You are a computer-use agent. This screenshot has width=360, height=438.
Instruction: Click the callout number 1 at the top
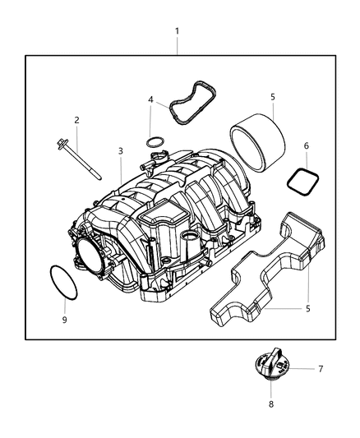[177, 30]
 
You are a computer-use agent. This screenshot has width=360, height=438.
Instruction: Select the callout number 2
[77, 120]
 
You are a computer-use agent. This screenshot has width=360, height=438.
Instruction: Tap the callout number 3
[120, 151]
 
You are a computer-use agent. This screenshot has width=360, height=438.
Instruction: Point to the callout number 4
[150, 100]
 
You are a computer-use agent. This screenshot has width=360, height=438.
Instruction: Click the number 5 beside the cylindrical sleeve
[272, 97]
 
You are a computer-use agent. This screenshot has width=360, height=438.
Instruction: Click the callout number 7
[271, 404]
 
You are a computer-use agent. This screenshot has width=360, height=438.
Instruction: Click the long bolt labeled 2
[152, 144]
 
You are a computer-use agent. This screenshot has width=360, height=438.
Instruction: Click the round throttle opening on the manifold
[177, 46]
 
